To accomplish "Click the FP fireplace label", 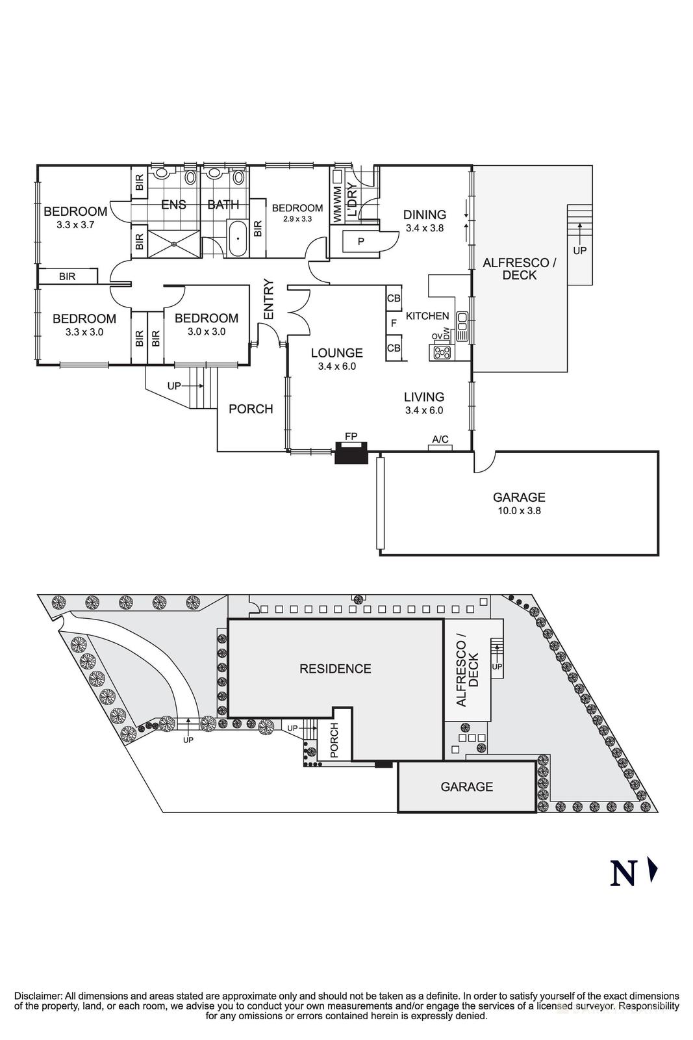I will (x=351, y=436).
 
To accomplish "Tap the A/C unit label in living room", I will (x=440, y=440).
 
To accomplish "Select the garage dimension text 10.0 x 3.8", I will (x=518, y=510).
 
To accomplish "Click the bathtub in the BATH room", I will (x=237, y=239).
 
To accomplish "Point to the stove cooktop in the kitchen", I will (x=443, y=353).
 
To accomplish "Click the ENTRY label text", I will (x=269, y=299).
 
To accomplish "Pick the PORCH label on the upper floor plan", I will (x=251, y=409).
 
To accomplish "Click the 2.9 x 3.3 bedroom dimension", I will (x=297, y=219).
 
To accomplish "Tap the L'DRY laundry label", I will (x=351, y=199).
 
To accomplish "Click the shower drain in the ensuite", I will (x=175, y=244).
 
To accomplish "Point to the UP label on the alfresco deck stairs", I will (x=579, y=250).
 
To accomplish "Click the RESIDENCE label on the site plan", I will (x=335, y=669).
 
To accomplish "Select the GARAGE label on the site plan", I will (x=466, y=787).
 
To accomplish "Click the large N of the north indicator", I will (x=622, y=873).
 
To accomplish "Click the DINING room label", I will (x=424, y=214).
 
